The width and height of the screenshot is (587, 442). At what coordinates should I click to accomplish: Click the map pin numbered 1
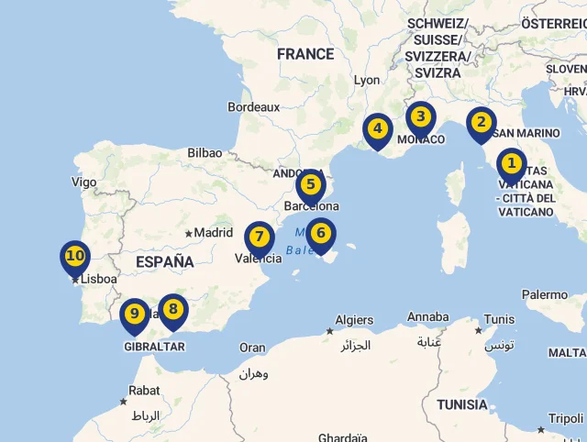(x=511, y=166)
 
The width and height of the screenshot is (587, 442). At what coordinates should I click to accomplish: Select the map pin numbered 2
(x=481, y=123)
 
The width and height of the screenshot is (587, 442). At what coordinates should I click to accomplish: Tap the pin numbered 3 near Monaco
(x=420, y=117)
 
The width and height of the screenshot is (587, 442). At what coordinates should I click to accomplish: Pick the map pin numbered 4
(x=377, y=129)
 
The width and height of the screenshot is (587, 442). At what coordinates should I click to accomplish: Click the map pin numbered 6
(x=320, y=234)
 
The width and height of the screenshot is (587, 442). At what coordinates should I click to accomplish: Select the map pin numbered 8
(x=172, y=310)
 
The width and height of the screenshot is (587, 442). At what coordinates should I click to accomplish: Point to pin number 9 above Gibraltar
(x=135, y=315)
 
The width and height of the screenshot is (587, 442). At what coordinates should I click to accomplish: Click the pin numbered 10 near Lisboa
(x=75, y=257)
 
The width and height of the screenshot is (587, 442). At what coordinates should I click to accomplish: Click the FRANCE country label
(x=305, y=54)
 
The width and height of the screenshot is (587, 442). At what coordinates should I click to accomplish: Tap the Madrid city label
(x=214, y=232)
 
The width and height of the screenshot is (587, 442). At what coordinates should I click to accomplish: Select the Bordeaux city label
(x=253, y=107)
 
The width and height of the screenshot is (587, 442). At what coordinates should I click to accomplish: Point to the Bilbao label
(x=205, y=153)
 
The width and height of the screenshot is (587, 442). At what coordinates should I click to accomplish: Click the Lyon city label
(x=367, y=80)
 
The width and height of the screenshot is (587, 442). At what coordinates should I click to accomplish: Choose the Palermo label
(x=545, y=294)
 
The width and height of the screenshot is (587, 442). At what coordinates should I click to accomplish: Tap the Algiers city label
(x=354, y=320)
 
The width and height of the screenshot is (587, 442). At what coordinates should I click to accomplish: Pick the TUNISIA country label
(x=462, y=404)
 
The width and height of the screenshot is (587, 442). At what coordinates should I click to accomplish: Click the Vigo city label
(x=83, y=182)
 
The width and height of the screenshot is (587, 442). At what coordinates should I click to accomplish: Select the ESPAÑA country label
(x=164, y=262)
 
